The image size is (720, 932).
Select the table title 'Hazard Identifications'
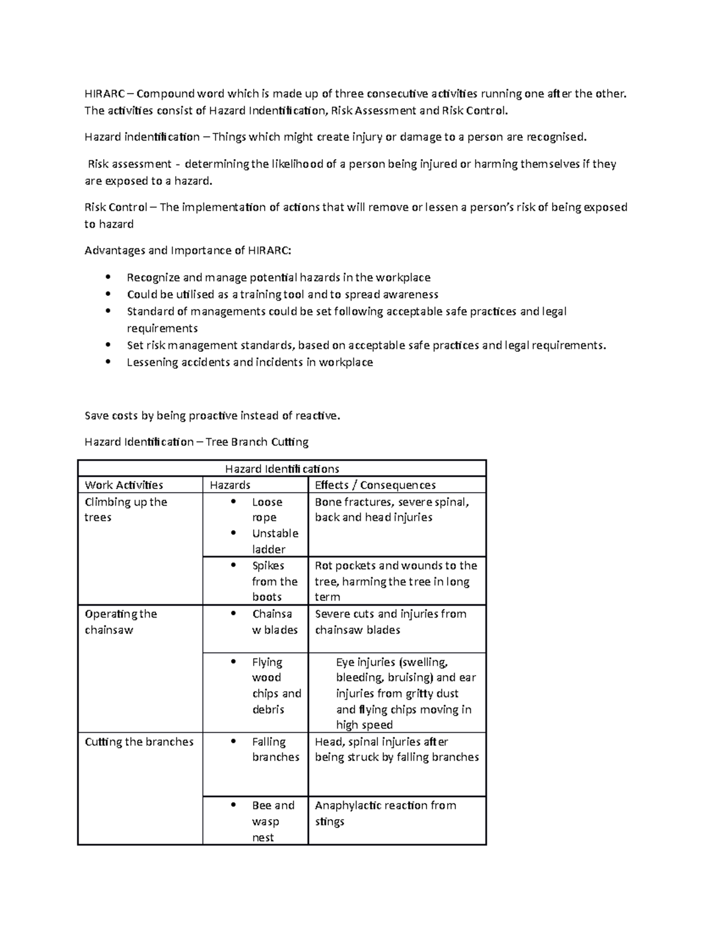(281, 469)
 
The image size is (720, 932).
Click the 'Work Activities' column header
(124, 485)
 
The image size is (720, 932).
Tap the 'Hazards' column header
(230, 485)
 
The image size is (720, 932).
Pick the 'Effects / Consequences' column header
(375, 485)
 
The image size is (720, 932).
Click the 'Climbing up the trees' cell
(125, 510)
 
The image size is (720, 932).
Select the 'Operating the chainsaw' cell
(121, 622)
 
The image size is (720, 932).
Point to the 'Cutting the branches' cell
(139, 742)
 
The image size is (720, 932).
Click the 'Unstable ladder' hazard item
(274, 541)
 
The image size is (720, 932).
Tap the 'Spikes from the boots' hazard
(274, 581)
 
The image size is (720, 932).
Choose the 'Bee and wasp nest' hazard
(273, 821)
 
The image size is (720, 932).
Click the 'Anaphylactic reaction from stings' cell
(385, 813)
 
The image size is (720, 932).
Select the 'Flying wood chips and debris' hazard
(275, 685)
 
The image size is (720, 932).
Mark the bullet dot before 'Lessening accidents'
(108, 362)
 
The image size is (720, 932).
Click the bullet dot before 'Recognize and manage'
(108, 277)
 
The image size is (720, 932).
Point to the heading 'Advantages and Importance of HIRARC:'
(188, 250)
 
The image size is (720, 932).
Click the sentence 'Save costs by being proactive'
(212, 415)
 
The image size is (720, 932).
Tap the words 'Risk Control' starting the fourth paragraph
(116, 208)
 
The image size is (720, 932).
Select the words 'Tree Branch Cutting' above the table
(257, 442)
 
